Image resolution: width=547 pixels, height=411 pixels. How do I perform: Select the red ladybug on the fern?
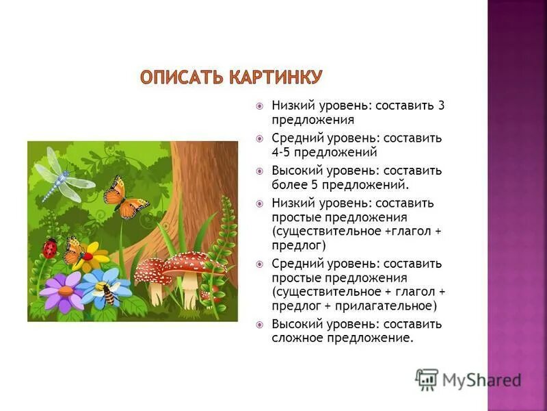click(49, 247)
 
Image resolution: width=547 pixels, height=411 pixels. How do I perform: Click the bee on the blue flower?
click(109, 293)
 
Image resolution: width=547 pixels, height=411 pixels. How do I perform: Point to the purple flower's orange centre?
click(65, 290)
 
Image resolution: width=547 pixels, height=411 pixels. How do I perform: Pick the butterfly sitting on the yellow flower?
click(75, 251)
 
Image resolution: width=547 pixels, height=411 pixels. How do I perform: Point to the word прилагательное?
click(388, 306)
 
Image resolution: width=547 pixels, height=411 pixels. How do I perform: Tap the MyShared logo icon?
click(427, 379)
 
